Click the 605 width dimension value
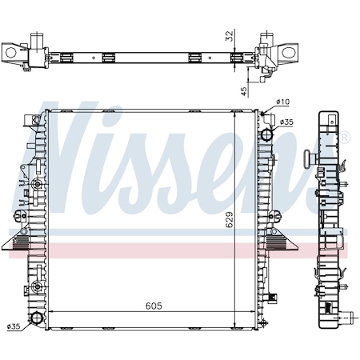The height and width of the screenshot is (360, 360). point(154,306)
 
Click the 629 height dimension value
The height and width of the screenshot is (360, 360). point(230,219)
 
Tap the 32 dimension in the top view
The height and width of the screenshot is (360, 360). point(230,36)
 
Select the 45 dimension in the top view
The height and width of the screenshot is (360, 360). point(244,91)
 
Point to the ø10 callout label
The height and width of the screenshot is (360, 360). point(283,102)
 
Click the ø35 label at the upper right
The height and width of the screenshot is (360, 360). point(286,122)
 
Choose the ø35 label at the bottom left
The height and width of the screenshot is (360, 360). point(14,326)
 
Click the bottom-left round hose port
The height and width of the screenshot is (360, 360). point(37,318)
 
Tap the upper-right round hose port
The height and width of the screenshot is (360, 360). point(267,134)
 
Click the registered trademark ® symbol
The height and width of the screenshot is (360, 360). point(345,138)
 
